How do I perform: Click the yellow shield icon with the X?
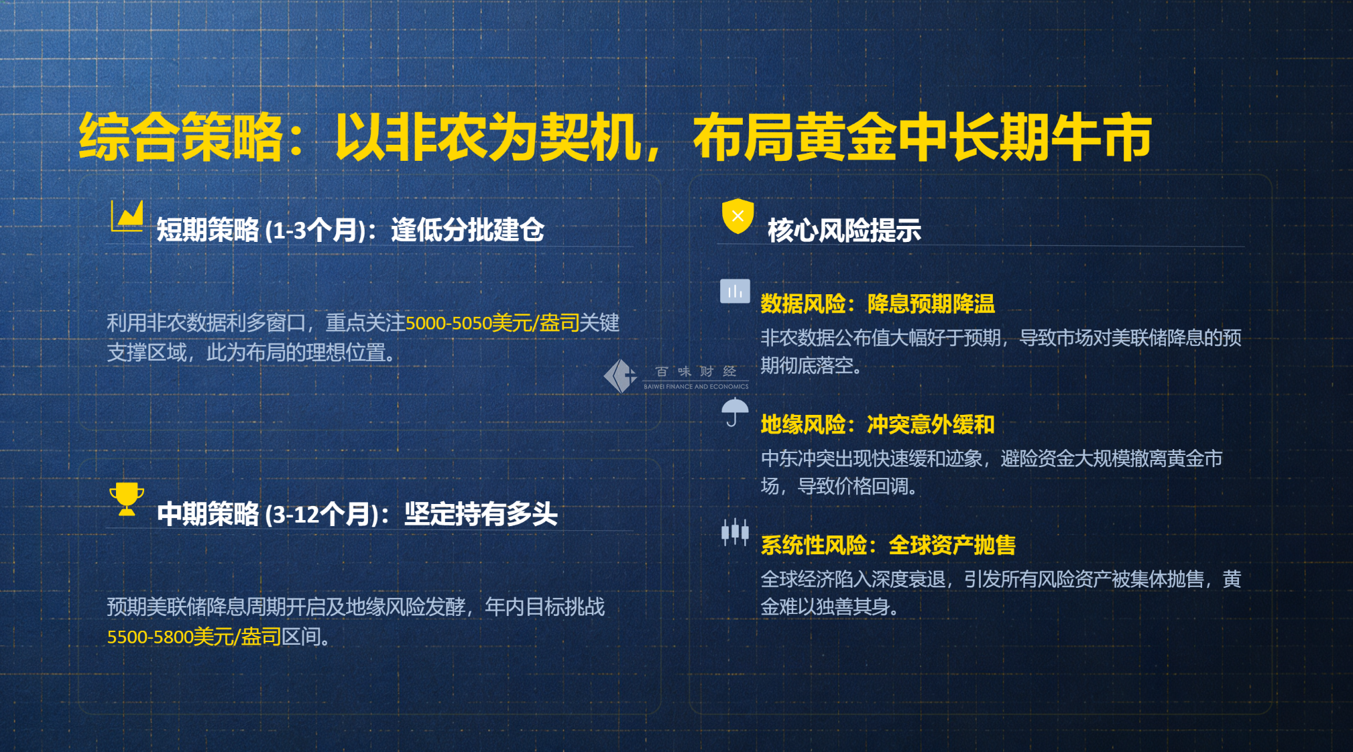tap(738, 216)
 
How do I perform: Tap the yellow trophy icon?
tap(127, 499)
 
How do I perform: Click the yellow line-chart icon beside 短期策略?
tap(127, 216)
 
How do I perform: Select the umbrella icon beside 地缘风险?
tap(735, 412)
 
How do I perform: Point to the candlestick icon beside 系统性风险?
tap(735, 533)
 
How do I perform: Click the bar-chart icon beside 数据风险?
tap(735, 292)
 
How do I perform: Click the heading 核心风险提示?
tap(844, 231)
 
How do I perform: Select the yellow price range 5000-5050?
tap(449, 323)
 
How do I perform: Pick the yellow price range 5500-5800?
tap(151, 637)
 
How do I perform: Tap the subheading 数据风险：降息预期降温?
tap(878, 304)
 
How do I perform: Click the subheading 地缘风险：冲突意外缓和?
tap(878, 424)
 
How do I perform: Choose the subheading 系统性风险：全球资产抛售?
tap(888, 545)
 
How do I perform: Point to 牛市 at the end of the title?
tap(1101, 137)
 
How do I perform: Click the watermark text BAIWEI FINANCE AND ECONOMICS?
tap(696, 387)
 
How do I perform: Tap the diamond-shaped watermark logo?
tap(620, 376)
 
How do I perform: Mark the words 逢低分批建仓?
tap(467, 231)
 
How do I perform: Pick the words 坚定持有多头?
tap(481, 515)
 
